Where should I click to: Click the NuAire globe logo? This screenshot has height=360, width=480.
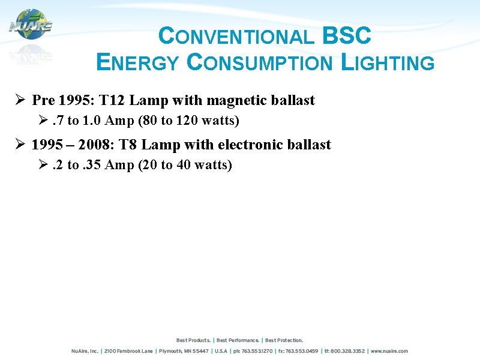pyautogui.click(x=31, y=25)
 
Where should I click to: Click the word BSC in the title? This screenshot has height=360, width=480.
pyautogui.click(x=347, y=36)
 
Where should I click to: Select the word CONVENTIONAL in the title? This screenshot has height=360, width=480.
pyautogui.click(x=236, y=37)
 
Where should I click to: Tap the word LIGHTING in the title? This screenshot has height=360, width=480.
pyautogui.click(x=387, y=62)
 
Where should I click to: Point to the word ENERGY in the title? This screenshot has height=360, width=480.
pyautogui.click(x=137, y=62)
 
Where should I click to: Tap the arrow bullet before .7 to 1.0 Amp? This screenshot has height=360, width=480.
pyautogui.click(x=43, y=121)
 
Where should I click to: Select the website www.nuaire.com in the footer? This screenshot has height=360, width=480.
pyautogui.click(x=389, y=351)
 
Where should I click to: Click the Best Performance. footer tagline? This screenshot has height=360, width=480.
pyautogui.click(x=238, y=340)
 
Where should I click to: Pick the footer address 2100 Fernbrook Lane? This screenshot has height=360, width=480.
pyautogui.click(x=130, y=351)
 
